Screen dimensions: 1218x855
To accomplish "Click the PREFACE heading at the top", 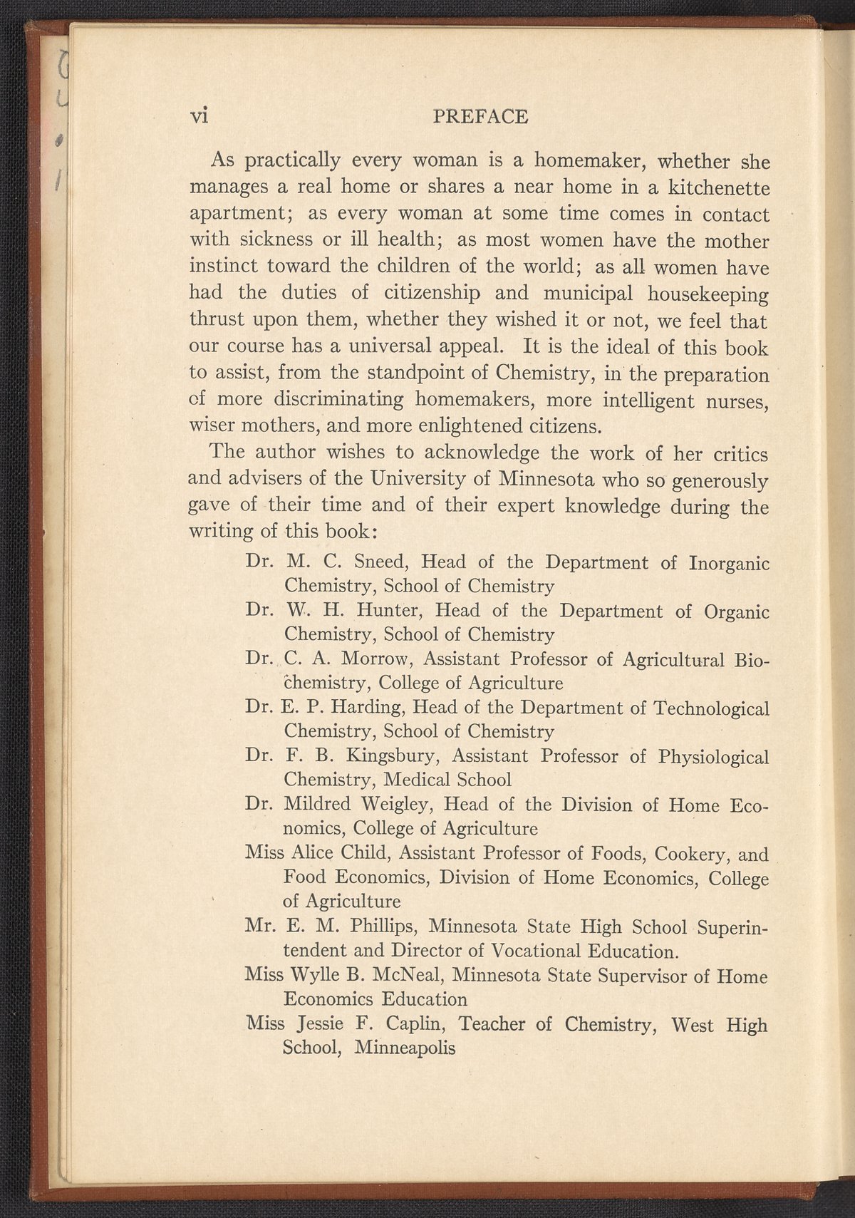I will click(x=481, y=116).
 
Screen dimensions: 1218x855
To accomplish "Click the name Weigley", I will click(x=397, y=805).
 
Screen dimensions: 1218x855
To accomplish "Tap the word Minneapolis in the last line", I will click(x=405, y=1048).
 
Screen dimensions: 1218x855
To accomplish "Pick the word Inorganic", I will click(x=728, y=563).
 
